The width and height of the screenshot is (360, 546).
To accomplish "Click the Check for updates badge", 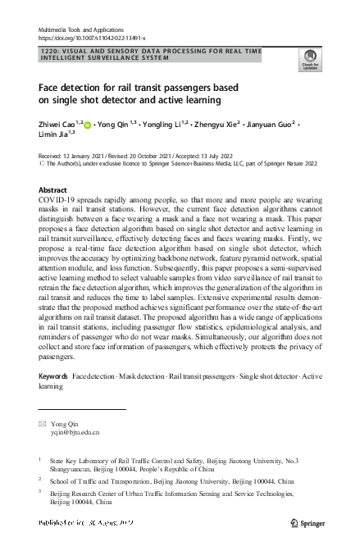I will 309,61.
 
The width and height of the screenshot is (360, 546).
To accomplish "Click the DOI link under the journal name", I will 92,38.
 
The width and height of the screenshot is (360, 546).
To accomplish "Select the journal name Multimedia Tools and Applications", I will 80,29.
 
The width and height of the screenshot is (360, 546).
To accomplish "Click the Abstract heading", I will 53,189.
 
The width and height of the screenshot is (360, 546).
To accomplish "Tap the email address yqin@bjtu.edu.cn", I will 75,431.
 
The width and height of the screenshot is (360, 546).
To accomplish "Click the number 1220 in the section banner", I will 48,51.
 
